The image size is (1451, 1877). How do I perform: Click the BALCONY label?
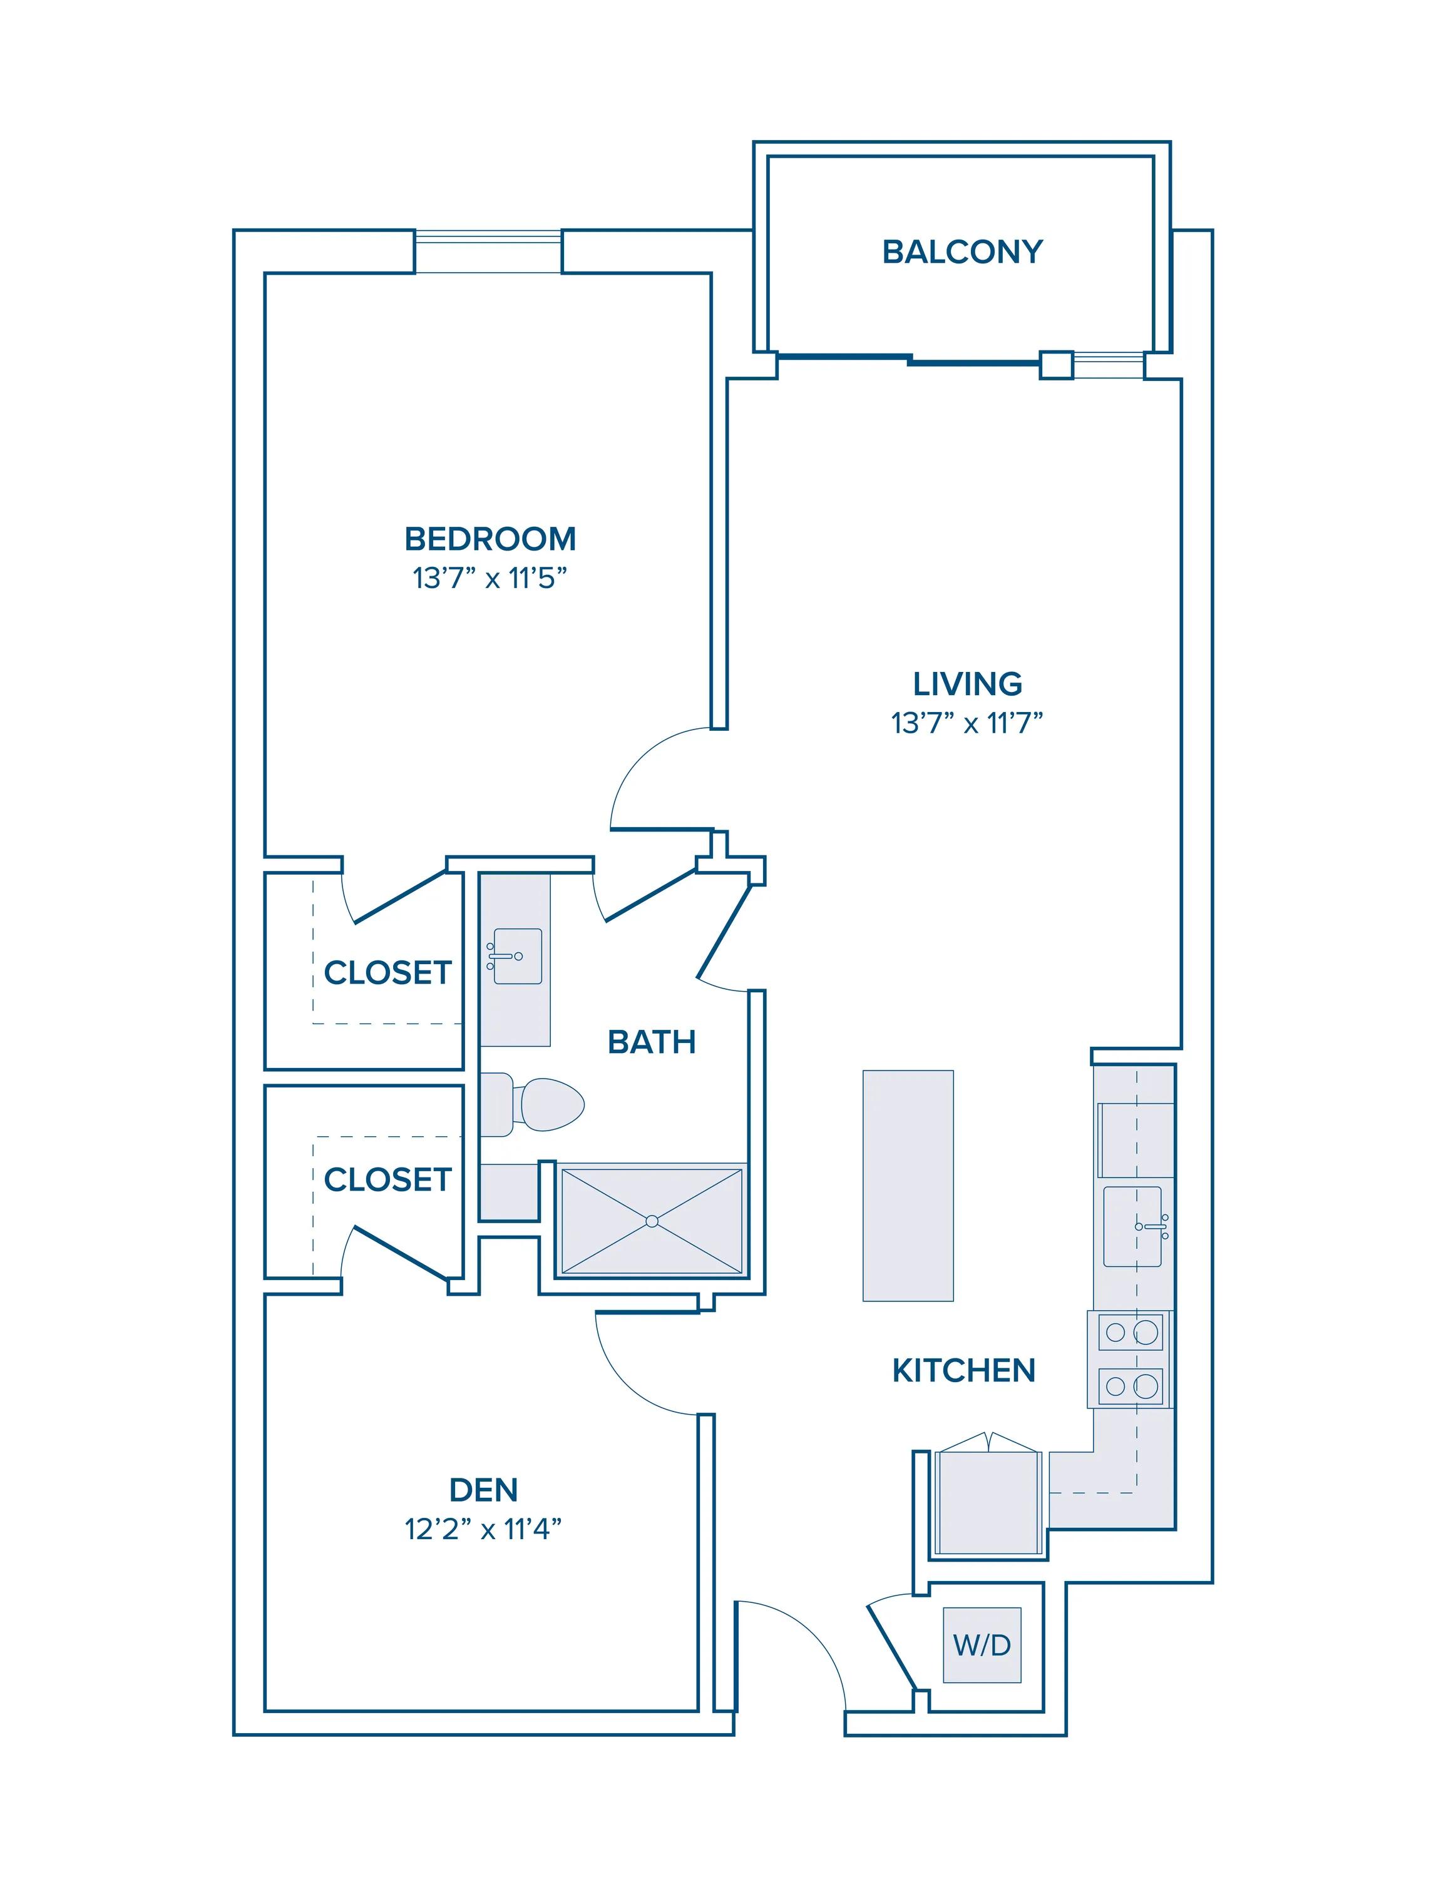(962, 252)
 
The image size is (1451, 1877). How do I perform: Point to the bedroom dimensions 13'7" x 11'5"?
(490, 578)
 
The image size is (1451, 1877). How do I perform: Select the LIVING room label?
(967, 684)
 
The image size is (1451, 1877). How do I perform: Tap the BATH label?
(652, 1042)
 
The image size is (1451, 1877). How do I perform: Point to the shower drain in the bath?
(652, 1221)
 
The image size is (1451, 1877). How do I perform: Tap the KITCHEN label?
(963, 1371)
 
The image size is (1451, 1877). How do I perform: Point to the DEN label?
(484, 1489)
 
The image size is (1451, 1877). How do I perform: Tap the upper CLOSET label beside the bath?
(387, 973)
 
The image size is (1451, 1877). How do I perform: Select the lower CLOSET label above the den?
(387, 1180)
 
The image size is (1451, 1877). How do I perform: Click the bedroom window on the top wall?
(488, 251)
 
